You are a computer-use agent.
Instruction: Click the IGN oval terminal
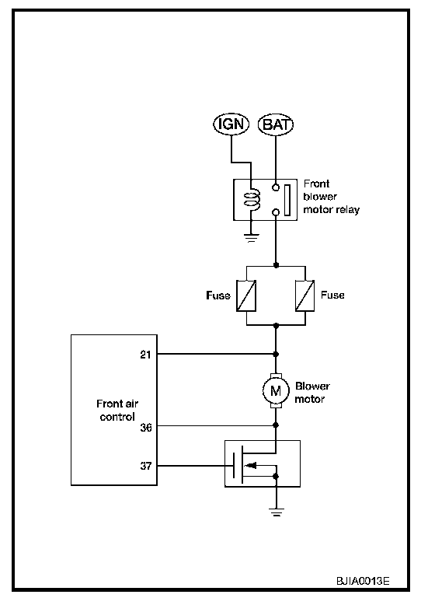click(x=231, y=124)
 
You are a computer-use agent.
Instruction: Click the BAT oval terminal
click(x=276, y=124)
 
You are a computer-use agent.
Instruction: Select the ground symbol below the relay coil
click(x=251, y=238)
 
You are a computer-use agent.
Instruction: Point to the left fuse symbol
click(x=246, y=296)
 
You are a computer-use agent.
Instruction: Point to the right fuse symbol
click(x=305, y=296)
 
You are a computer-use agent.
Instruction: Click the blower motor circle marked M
click(x=276, y=391)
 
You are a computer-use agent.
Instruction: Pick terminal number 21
click(x=145, y=354)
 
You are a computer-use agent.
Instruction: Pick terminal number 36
click(x=145, y=427)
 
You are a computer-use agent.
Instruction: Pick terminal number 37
click(x=145, y=466)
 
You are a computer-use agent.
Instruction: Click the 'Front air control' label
click(x=117, y=410)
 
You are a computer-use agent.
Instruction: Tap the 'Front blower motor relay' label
click(x=332, y=197)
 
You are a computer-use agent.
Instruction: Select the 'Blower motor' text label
click(x=312, y=393)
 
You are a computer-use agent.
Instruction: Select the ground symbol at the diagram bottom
click(x=277, y=512)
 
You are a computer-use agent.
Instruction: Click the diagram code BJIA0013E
click(x=363, y=581)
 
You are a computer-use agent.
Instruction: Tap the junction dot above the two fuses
click(x=276, y=265)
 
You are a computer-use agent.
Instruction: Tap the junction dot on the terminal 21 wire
click(x=276, y=354)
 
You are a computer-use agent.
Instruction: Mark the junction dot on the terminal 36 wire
click(x=276, y=425)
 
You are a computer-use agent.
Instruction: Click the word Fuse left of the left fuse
click(x=218, y=296)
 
